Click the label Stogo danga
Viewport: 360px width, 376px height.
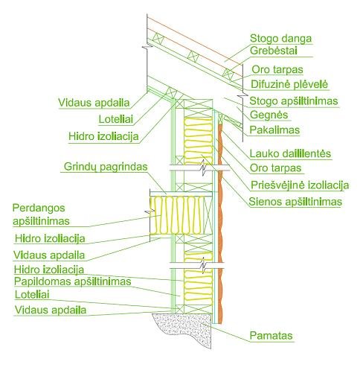280,39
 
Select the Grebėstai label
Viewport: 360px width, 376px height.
274,51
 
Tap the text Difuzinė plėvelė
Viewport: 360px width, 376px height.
289,84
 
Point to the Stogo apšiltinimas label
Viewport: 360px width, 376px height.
294,101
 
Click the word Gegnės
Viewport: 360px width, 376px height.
269,115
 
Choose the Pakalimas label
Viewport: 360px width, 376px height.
274,130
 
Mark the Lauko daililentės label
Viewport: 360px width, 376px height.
290,153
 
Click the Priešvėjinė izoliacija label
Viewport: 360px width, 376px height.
300,185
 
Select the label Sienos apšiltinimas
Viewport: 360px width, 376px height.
295,202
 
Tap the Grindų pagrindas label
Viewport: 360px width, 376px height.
106,167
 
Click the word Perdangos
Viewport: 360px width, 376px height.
39,208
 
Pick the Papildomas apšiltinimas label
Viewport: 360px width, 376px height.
72,281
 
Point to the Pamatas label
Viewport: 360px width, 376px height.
271,336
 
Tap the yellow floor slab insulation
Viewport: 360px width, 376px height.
176,215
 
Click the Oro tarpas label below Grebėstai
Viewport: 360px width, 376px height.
277,69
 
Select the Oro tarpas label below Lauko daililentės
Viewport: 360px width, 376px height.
275,168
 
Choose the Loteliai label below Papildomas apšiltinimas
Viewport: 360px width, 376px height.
32,295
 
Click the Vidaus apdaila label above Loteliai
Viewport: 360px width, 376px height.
94,103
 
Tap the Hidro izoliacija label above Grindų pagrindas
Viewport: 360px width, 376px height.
103,136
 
